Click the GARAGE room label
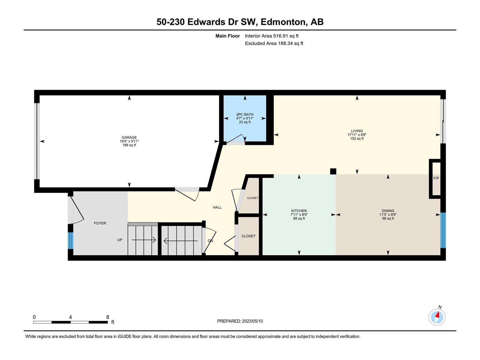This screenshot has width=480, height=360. [x=129, y=137]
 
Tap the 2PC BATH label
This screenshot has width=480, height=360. [x=245, y=115]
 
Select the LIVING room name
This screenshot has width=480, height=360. [x=357, y=131]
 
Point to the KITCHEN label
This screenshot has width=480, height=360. [x=299, y=211]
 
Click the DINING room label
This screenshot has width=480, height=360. [x=388, y=211]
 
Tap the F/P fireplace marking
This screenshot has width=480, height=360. [x=436, y=178]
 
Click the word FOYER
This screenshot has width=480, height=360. [x=100, y=223]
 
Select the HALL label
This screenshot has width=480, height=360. [x=217, y=207]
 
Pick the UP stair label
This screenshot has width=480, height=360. [x=120, y=240]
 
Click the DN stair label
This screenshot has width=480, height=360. [x=210, y=241]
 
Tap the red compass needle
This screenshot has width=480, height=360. [x=438, y=315]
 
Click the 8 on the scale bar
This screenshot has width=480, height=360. [x=108, y=317]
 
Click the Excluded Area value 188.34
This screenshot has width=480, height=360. [x=285, y=43]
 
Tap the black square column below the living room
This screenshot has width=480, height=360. [x=333, y=171]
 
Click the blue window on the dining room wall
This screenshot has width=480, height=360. [x=443, y=230]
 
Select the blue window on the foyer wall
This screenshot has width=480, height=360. [x=70, y=240]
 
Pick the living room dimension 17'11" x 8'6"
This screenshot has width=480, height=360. [x=357, y=135]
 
